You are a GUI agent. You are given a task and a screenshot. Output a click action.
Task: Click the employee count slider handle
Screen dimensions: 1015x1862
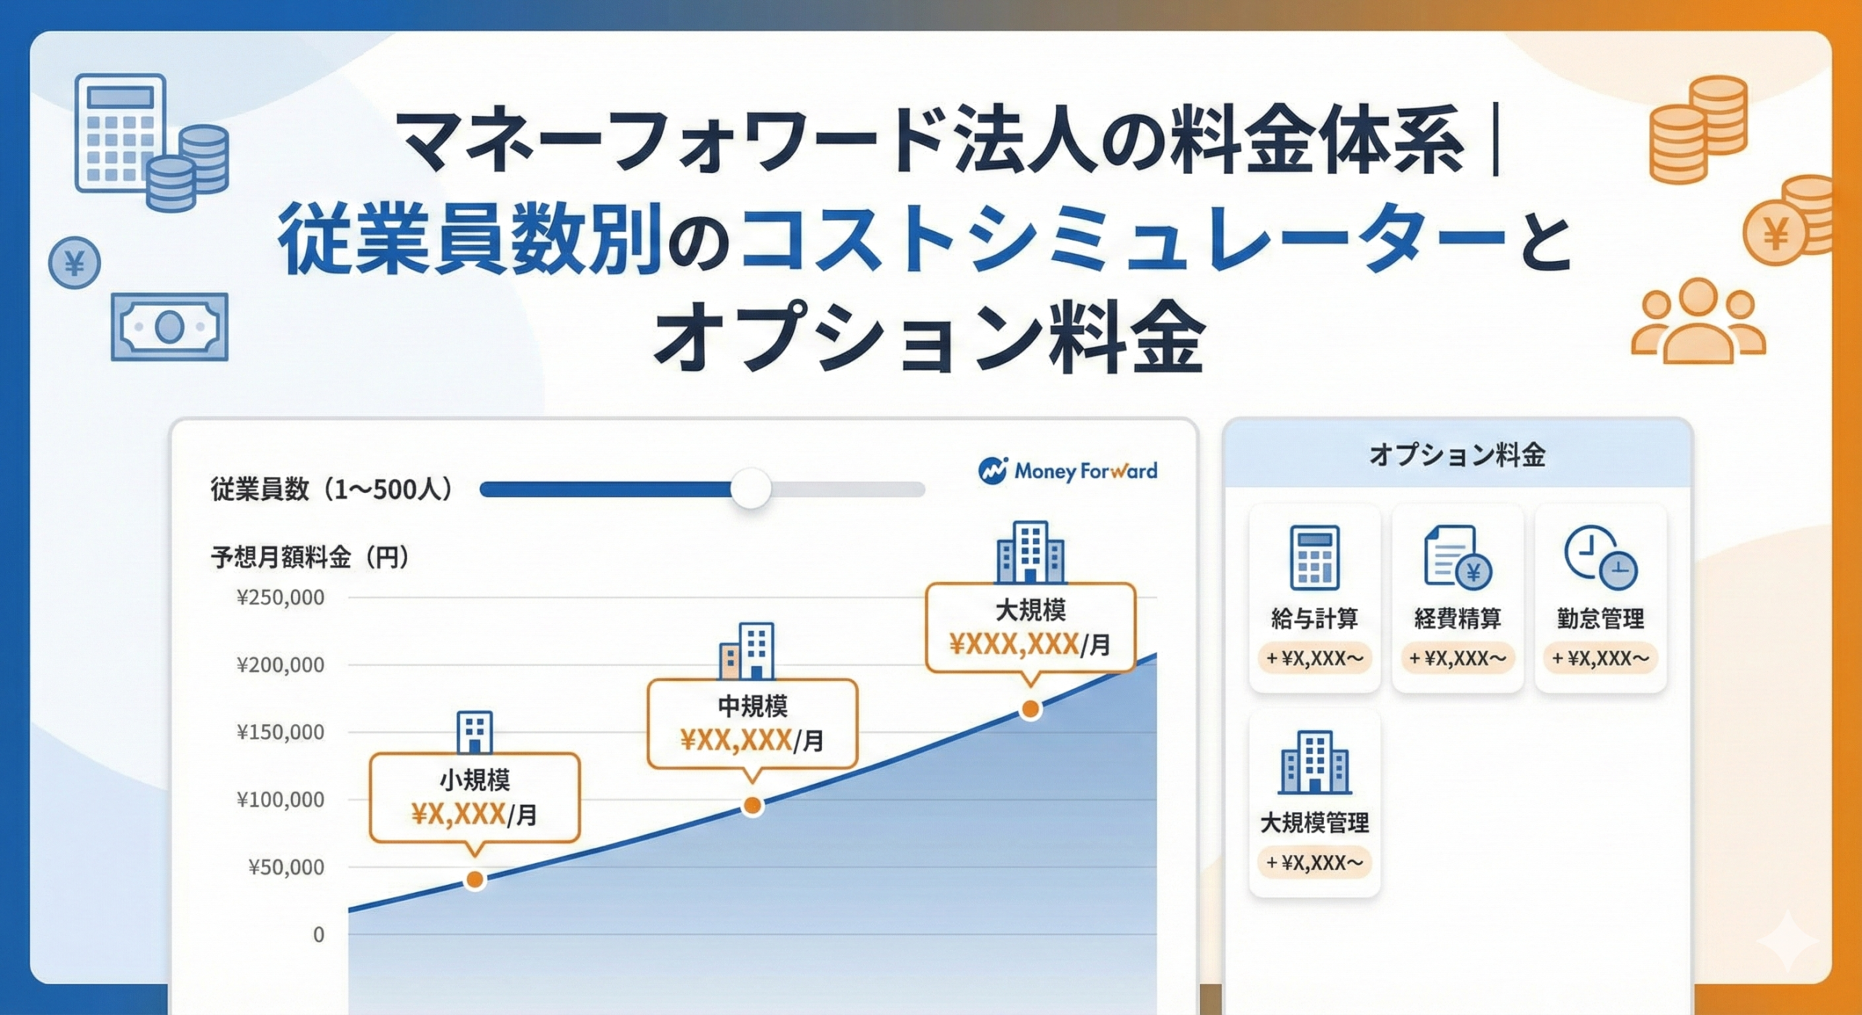(750, 489)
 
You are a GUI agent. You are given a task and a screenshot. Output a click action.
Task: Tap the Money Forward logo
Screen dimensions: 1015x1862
(1068, 471)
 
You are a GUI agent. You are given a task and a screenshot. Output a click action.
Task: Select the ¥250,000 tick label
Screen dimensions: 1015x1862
(280, 598)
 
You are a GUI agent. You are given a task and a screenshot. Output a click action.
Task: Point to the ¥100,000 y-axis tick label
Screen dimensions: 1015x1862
(280, 800)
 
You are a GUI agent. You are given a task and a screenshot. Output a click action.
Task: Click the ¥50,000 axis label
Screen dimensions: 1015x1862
(286, 867)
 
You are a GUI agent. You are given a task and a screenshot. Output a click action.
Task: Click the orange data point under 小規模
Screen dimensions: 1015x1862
(475, 880)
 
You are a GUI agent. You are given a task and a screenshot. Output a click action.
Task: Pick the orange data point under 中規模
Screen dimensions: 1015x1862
(753, 806)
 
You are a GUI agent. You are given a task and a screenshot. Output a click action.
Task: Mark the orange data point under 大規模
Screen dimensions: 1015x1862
(1030, 709)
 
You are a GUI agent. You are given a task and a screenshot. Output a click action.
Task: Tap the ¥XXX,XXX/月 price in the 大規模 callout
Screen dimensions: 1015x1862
(1029, 645)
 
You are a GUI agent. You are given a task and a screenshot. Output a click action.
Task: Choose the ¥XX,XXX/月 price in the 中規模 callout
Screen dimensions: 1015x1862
(751, 741)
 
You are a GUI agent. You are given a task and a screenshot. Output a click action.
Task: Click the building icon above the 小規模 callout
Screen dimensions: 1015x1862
(474, 732)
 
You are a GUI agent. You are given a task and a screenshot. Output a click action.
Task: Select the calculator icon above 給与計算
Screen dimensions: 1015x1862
(1314, 558)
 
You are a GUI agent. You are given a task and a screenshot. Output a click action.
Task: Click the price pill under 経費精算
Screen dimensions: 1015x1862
(1458, 659)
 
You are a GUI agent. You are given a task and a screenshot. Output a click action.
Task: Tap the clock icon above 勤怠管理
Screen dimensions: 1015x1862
(1600, 558)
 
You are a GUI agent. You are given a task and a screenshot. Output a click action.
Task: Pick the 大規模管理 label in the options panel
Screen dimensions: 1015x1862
(1314, 823)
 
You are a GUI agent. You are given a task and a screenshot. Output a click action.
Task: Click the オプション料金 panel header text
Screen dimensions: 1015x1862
(1457, 456)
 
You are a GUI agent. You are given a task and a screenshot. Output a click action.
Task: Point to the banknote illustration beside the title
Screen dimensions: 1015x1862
(169, 327)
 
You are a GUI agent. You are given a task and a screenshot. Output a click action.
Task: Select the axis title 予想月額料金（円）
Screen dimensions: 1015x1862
(311, 558)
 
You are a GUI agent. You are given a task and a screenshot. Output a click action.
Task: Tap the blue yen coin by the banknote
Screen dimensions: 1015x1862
(74, 263)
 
